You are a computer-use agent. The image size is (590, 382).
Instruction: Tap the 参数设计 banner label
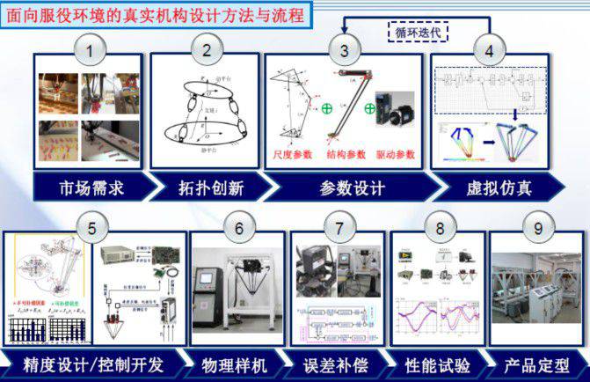344,187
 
